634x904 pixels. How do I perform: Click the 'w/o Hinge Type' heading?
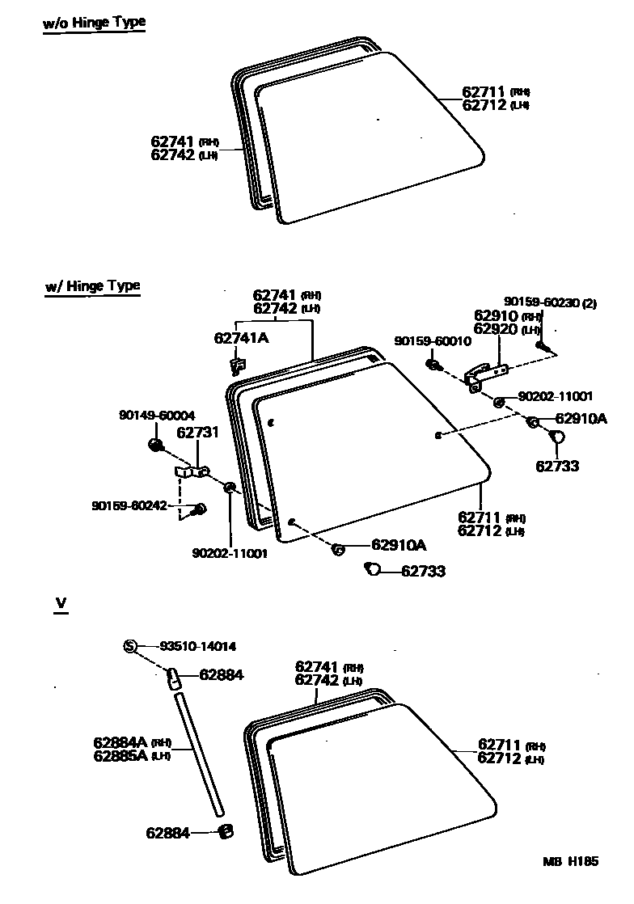tap(94, 23)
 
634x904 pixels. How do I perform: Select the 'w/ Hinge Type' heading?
tap(92, 285)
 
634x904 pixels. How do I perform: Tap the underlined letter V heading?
tap(59, 603)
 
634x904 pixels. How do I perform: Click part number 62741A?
tap(241, 338)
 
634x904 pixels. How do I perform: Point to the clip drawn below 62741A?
tap(236, 366)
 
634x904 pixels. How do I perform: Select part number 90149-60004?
tap(156, 416)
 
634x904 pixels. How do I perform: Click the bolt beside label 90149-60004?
tap(156, 444)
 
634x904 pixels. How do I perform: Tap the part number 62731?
tap(198, 433)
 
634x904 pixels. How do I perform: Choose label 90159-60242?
tap(129, 505)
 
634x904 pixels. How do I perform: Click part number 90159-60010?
tap(433, 341)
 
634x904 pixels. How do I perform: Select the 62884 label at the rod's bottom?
tap(167, 832)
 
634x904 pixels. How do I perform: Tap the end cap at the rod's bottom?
tap(226, 830)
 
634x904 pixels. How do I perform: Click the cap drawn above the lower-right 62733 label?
tap(557, 437)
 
